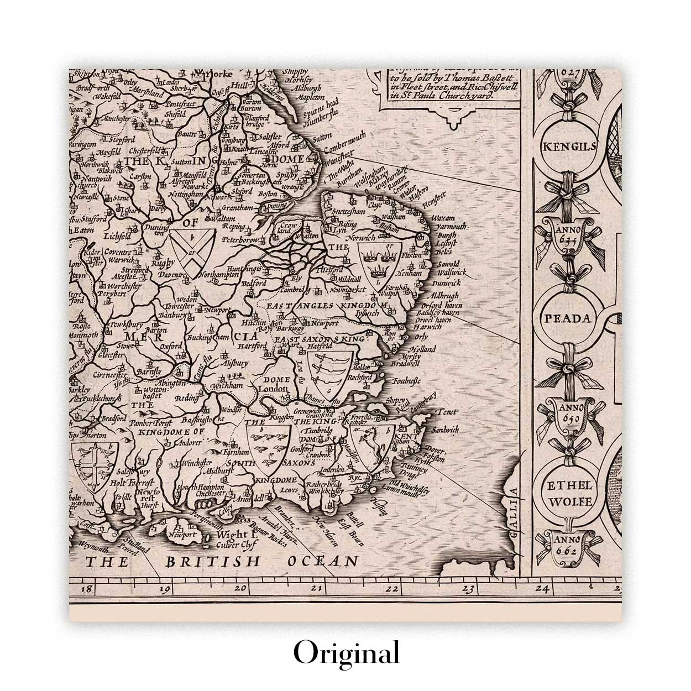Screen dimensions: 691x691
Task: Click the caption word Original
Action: [346, 653]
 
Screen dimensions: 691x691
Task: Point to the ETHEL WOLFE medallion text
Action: [569, 494]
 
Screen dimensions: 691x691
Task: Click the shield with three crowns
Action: [378, 260]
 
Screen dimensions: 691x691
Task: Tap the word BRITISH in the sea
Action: [213, 562]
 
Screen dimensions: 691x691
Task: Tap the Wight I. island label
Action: [234, 535]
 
